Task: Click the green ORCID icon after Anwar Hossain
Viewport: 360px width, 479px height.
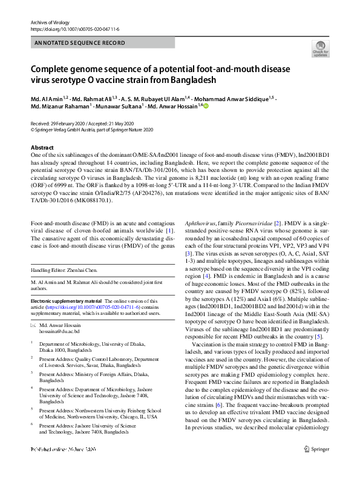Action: tap(205, 106)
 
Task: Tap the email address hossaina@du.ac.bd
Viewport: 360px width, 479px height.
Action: tap(62, 332)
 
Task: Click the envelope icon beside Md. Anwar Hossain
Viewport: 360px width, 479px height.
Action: tap(33, 326)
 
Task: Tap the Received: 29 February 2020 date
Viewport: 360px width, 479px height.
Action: tap(62, 122)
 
